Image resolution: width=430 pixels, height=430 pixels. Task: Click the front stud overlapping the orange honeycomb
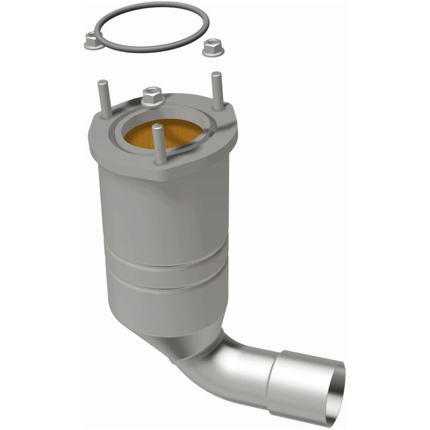160,144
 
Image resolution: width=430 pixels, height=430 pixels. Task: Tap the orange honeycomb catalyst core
173,131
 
